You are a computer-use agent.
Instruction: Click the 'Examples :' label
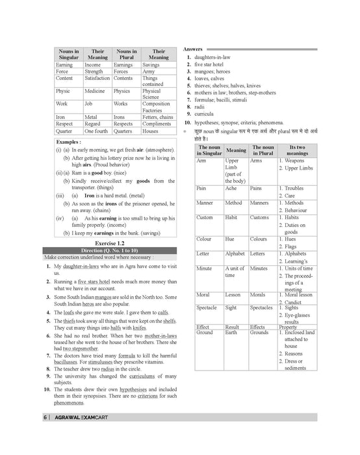(68, 141)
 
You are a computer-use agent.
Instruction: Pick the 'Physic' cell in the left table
(63, 92)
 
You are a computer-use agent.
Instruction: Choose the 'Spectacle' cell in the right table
(207, 307)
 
